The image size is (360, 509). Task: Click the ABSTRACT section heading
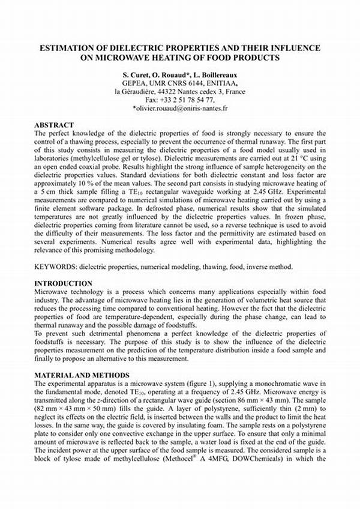click(x=54, y=125)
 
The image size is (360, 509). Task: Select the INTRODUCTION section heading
click(x=63, y=283)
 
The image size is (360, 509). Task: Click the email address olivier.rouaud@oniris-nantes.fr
click(x=179, y=109)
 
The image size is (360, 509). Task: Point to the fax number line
click(x=179, y=100)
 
